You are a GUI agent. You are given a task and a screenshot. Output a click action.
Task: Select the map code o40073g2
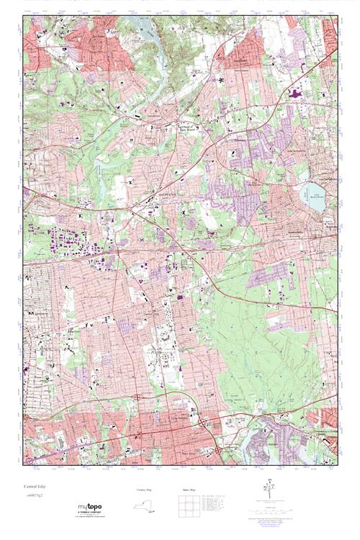pos(33,495)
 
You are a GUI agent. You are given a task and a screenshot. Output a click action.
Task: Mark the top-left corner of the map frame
pos(23,16)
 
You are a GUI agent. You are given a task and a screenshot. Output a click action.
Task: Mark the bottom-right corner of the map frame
pos(337,469)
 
